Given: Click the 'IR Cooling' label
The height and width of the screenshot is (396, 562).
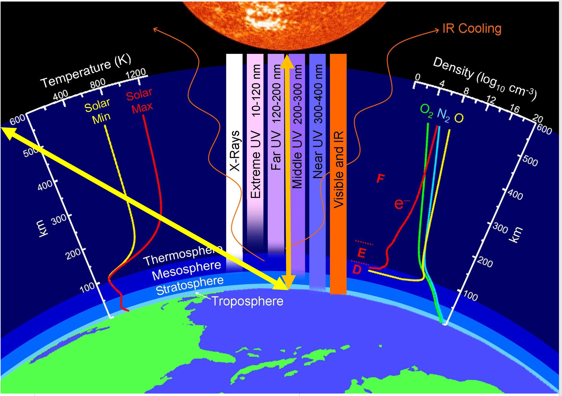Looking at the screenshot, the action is [x=472, y=28].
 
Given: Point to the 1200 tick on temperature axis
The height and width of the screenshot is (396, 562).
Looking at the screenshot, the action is [x=136, y=73].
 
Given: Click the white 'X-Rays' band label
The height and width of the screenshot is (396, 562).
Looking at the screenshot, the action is [x=234, y=151].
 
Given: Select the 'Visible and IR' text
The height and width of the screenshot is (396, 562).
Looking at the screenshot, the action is [x=338, y=170].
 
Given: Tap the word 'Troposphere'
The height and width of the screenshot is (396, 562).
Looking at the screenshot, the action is [x=247, y=301].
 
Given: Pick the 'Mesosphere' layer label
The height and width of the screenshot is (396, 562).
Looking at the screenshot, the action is [x=187, y=270].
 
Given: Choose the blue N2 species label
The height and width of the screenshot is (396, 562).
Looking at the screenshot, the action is [x=443, y=115].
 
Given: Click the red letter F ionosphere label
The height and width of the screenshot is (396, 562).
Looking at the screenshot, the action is [x=380, y=178].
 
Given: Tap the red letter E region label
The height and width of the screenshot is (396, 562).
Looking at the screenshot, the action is [x=361, y=253].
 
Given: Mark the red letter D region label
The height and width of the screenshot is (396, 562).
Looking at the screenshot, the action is [x=357, y=269].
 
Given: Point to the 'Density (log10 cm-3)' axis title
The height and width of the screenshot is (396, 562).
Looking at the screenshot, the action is [x=485, y=78].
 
